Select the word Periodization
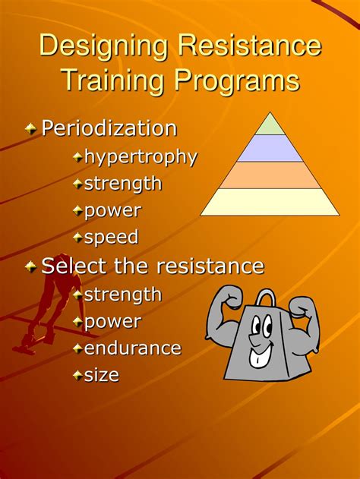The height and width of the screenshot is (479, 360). click(x=109, y=128)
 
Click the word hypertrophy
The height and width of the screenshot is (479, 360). click(x=140, y=157)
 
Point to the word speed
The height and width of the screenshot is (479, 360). click(x=111, y=238)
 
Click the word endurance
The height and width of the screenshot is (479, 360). click(x=132, y=348)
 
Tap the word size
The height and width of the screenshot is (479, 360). click(x=101, y=375)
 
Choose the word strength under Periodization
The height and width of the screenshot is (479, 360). click(x=122, y=184)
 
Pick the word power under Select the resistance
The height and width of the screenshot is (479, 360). click(x=112, y=322)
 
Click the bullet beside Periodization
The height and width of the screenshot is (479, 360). click(x=30, y=129)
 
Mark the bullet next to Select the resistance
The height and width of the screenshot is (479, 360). click(x=30, y=267)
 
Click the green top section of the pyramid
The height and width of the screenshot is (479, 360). click(x=270, y=125)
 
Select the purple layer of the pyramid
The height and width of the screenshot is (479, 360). click(x=270, y=148)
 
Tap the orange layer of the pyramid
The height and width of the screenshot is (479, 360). click(x=270, y=175)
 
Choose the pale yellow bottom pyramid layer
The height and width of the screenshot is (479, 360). click(x=270, y=202)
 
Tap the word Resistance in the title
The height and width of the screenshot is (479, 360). click(x=250, y=47)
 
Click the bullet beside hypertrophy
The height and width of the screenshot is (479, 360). click(x=77, y=158)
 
